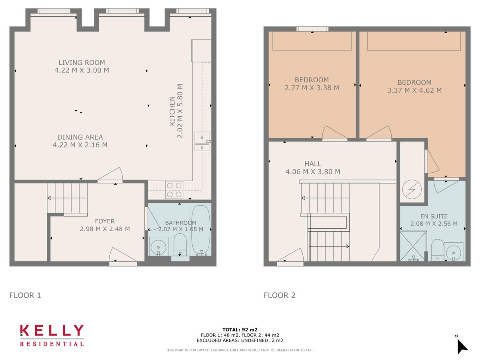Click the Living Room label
82,62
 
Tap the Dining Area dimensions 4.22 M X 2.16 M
80,145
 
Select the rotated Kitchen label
172,111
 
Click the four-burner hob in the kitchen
174,190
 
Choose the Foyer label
105,221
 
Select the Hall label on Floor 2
313,164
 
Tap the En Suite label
434,216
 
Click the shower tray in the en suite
414,246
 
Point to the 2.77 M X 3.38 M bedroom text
312,88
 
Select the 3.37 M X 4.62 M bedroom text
414,90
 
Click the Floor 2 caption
280,296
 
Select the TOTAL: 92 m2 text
240,330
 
